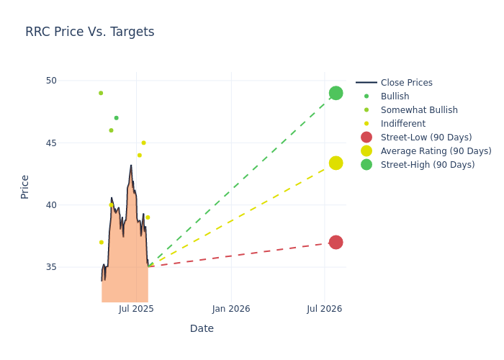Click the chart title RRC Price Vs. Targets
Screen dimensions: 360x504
[x=89, y=32]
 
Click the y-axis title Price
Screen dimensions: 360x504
[x=24, y=186]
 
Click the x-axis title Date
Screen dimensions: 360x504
[x=202, y=328]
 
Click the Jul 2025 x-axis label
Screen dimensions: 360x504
[x=136, y=309]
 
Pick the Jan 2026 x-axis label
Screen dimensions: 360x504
[x=231, y=309]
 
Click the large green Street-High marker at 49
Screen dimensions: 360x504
[x=336, y=93]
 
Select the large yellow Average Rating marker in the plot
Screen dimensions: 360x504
[x=336, y=163]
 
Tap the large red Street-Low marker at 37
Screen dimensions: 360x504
[x=336, y=242]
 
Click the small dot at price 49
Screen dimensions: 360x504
[x=101, y=93]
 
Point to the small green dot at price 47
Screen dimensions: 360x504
[x=116, y=118]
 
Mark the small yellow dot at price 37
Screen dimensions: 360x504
[x=101, y=242]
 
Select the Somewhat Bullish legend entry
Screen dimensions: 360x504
[x=419, y=110]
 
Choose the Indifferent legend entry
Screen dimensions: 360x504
[x=402, y=124]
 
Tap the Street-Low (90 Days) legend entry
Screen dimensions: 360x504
[x=426, y=138]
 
